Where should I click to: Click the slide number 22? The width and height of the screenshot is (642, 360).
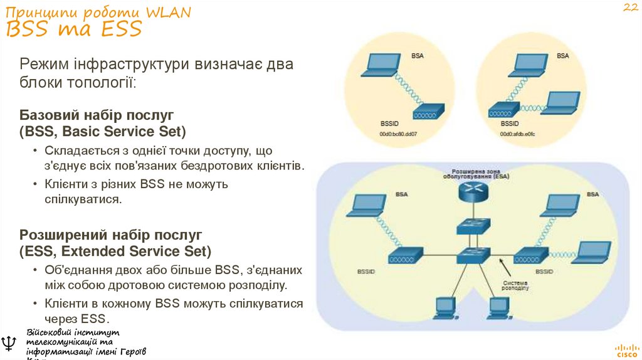pyautogui.click(x=629, y=8)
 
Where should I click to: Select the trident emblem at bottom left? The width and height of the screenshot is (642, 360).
pyautogui.click(x=10, y=343)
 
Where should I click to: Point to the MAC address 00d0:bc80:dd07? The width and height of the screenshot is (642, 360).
pyautogui.click(x=397, y=134)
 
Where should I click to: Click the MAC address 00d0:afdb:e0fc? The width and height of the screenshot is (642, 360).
pyautogui.click(x=517, y=134)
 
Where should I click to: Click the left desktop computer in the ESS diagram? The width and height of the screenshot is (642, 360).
pyautogui.click(x=445, y=305)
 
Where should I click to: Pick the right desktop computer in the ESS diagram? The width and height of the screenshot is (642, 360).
pyautogui.click(x=498, y=305)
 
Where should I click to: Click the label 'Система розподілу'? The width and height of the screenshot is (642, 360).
pyautogui.click(x=515, y=285)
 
